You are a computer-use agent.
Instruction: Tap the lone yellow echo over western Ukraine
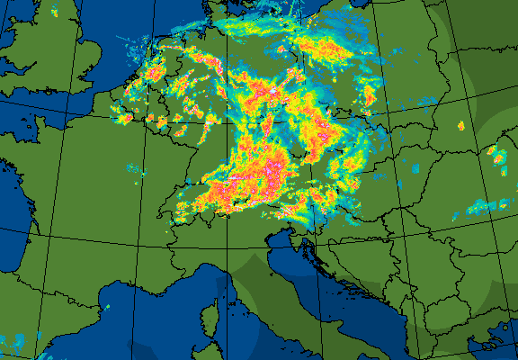point(460,126)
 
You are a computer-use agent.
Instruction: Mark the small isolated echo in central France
point(135,168)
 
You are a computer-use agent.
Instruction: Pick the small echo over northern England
point(53,13)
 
